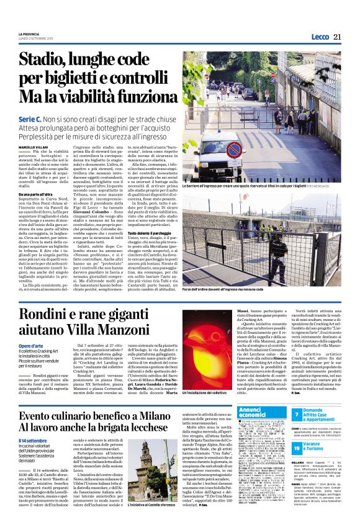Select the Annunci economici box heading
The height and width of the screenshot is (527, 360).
(x=237, y=413)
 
